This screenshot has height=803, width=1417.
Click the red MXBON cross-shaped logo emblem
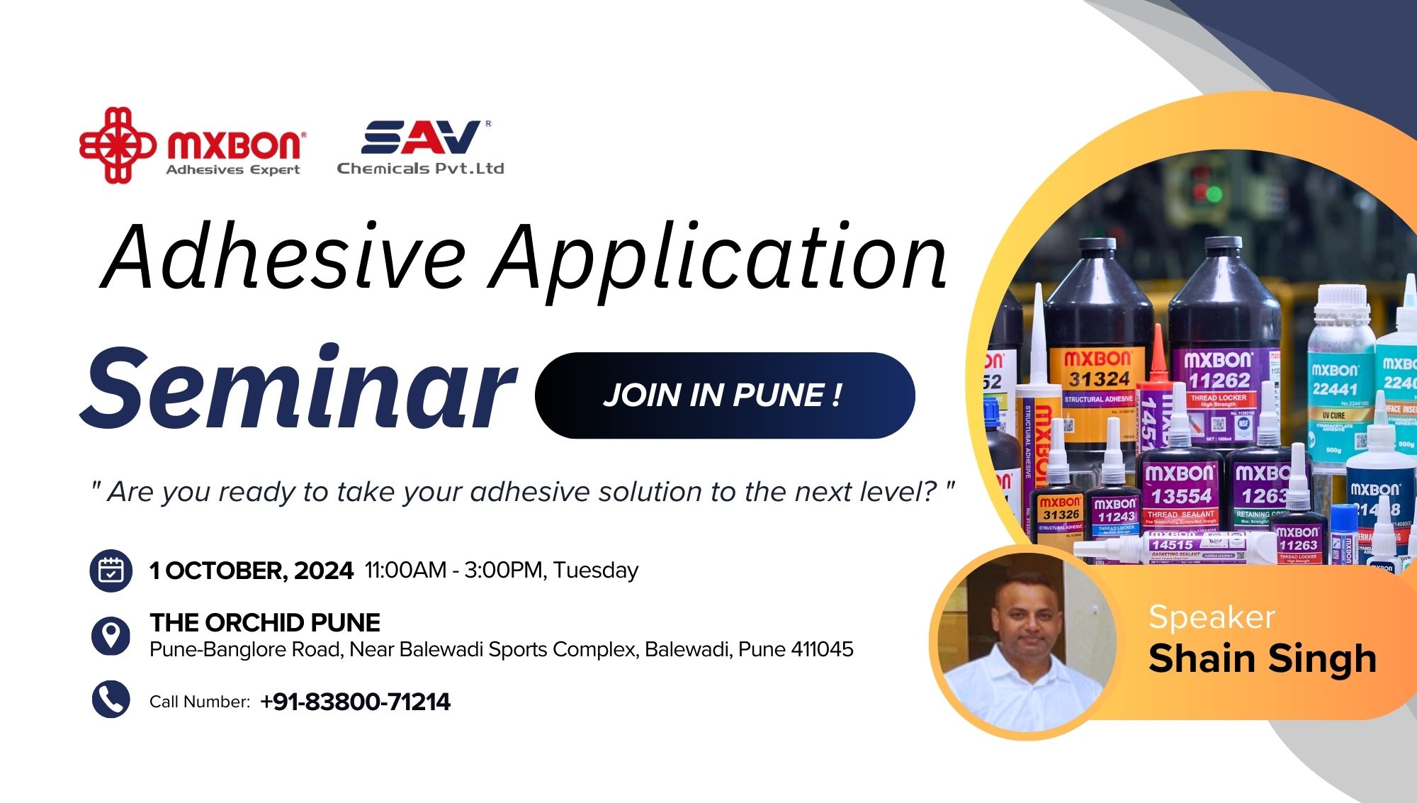[117, 145]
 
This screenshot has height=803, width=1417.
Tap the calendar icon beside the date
[111, 571]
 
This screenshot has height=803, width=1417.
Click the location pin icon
[111, 634]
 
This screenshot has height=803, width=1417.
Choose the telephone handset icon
[111, 700]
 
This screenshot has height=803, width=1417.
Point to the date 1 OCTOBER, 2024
[251, 571]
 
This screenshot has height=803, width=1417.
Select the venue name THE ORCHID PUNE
[265, 622]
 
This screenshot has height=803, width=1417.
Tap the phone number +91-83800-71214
[355, 702]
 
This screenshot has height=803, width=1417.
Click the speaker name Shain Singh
[1262, 658]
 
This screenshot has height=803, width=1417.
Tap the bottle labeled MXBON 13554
[1180, 489]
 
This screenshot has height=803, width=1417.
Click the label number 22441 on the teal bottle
[1335, 388]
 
